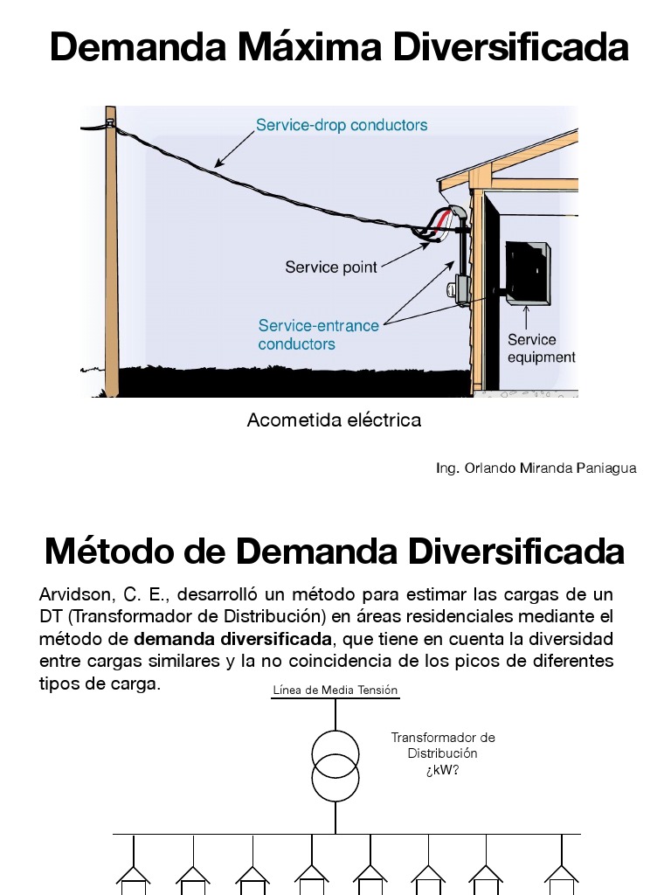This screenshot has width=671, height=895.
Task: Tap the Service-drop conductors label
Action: pyautogui.click(x=342, y=125)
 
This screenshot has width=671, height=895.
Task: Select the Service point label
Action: pyautogui.click(x=331, y=267)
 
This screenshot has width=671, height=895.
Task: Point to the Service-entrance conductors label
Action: pyautogui.click(x=318, y=335)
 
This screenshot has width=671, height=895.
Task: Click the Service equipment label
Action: pyautogui.click(x=541, y=348)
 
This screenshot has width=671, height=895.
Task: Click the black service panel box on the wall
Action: pyautogui.click(x=528, y=273)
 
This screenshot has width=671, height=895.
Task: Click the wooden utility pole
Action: pyautogui.click(x=111, y=262)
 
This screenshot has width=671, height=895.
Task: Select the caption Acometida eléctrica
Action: pyautogui.click(x=334, y=420)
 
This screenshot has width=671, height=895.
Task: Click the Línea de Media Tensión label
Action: pyautogui.click(x=335, y=690)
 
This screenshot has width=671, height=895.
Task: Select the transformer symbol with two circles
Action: pyautogui.click(x=335, y=767)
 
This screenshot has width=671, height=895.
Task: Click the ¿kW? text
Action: pyautogui.click(x=443, y=770)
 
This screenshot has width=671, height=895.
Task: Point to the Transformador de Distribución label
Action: pyautogui.click(x=443, y=745)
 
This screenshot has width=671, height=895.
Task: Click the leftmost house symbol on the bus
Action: pyautogui.click(x=134, y=877)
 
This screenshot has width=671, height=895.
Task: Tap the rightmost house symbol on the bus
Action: pyautogui.click(x=561, y=877)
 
